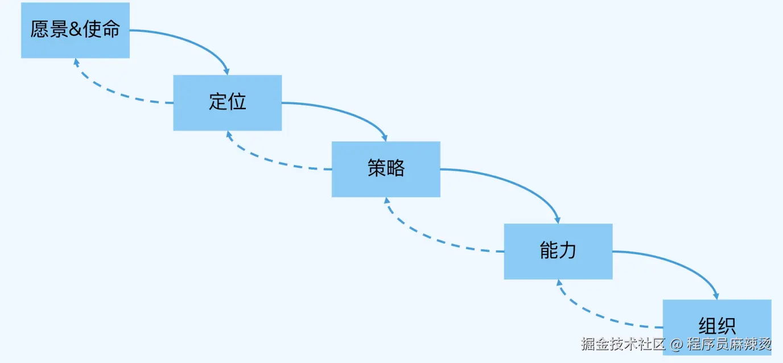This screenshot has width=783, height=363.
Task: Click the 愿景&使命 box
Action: [75, 30]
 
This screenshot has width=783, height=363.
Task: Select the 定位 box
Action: [227, 102]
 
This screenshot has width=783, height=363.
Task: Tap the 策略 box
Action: [386, 169]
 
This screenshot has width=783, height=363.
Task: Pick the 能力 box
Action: [558, 251]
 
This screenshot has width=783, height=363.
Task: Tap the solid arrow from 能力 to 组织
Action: [677, 263]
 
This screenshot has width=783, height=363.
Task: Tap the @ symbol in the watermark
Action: [676, 344]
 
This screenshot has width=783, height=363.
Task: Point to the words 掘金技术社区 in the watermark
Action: [623, 344]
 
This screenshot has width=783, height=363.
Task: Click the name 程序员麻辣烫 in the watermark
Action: [729, 344]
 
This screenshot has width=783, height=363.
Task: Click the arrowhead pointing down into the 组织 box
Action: [716, 296]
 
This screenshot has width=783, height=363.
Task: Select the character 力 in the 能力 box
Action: [568, 251]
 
